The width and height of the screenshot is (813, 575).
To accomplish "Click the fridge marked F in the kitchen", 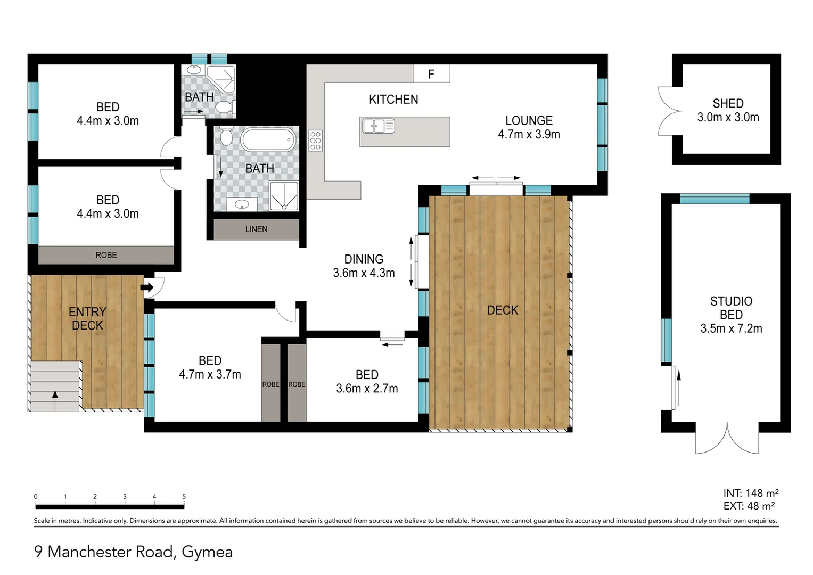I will [x=431, y=74].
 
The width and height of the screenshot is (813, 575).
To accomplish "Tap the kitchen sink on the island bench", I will [x=378, y=126].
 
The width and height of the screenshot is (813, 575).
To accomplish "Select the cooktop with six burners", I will [x=315, y=141].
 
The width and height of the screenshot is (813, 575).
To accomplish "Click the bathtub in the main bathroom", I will [x=268, y=141].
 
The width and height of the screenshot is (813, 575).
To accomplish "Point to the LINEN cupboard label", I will [x=256, y=229].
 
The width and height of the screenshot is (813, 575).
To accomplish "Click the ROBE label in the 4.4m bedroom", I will [x=106, y=256].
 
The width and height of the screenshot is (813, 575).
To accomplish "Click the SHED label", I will [x=728, y=104].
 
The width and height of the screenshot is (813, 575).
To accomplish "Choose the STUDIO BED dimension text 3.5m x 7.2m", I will [x=731, y=329].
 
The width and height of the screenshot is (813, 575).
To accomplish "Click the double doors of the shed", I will [x=669, y=111].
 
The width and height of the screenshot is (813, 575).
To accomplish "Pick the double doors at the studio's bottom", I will [x=727, y=439].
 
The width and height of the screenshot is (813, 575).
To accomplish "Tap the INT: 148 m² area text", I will [x=751, y=494].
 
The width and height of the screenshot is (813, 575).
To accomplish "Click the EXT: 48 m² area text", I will [x=749, y=506].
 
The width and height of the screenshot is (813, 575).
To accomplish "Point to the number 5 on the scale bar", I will [x=184, y=497].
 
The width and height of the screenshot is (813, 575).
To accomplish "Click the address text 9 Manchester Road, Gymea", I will [x=133, y=552].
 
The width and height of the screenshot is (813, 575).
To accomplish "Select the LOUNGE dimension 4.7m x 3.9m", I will [x=529, y=135].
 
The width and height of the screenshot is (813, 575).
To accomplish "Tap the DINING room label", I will [x=364, y=259].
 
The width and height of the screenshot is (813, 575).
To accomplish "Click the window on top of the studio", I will [x=715, y=199].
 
